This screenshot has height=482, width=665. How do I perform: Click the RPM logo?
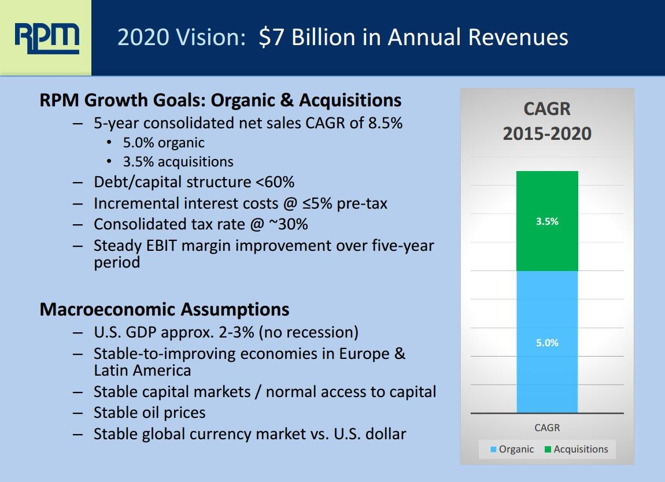[46, 38]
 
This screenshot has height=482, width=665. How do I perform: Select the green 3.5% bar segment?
[547, 221]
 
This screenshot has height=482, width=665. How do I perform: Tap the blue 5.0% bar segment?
[547, 342]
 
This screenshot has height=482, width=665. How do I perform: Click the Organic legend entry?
[512, 449]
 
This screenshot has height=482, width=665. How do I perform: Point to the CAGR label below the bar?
[547, 428]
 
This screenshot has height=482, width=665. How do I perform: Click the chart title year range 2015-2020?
[547, 134]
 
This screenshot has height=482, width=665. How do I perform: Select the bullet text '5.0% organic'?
[164, 142]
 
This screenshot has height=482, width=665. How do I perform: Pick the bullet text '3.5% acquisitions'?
[178, 162]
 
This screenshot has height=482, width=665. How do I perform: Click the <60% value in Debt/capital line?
[275, 182]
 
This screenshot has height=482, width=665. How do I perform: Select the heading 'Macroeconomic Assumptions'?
[164, 309]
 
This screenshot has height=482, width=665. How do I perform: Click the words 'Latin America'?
[142, 370]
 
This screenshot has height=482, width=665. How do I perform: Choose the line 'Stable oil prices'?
[149, 412]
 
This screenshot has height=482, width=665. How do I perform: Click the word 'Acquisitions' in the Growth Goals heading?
[350, 100]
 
